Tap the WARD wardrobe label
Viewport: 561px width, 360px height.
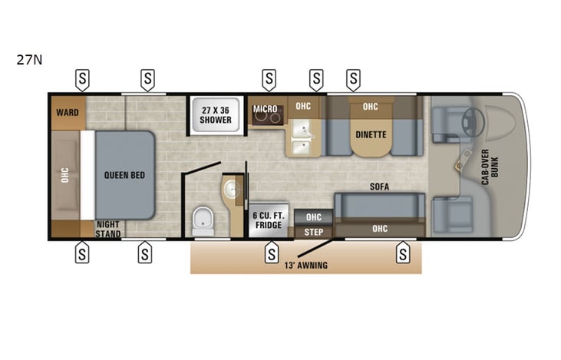[x=65, y=112]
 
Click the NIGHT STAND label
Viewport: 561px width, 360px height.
[x=108, y=230]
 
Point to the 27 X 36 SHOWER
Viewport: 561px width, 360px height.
[x=216, y=114]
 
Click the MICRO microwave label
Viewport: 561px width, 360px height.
[x=266, y=109]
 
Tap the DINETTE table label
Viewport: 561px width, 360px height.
[x=371, y=134]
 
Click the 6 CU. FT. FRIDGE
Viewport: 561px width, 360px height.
[x=269, y=220]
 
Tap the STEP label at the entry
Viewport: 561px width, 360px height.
[x=313, y=231]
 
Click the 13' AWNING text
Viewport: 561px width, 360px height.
[x=306, y=266]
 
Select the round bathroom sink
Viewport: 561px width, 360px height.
[x=233, y=188]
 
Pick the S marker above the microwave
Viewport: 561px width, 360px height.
[x=269, y=78]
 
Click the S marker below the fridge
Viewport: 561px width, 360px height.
[x=270, y=253]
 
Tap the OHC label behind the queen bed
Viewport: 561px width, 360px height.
[x=65, y=175]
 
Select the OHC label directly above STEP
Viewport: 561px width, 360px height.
[x=313, y=216]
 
